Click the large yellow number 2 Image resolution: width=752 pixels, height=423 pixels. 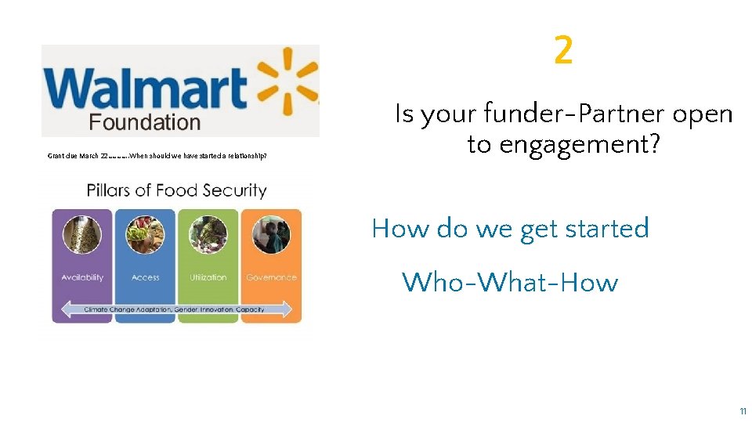coord(563,52)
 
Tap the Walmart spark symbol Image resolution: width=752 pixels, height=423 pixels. coord(287,78)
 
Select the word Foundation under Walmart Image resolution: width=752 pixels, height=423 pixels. coord(144,122)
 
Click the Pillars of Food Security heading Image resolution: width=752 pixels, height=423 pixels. coord(176,190)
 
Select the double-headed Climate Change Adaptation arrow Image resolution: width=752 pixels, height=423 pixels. coord(176,309)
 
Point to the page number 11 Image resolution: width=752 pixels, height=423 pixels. coord(742,410)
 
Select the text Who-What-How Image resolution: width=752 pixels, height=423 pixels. coord(510,282)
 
